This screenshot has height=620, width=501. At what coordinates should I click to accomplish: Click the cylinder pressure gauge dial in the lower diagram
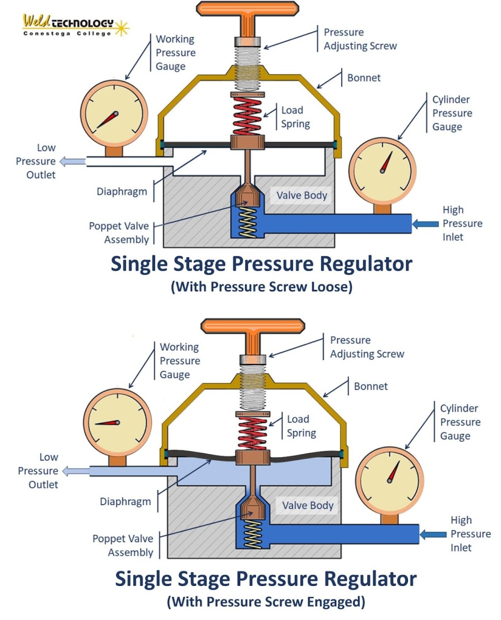(393, 478)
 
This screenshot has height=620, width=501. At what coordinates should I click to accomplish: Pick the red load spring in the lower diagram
(253, 433)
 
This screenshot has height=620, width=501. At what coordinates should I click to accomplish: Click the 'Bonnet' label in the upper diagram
(364, 78)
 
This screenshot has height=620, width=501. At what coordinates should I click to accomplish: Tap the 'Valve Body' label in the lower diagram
(308, 505)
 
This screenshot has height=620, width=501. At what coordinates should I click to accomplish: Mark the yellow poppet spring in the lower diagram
(253, 533)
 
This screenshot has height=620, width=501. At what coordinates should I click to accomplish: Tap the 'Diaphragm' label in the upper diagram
(122, 192)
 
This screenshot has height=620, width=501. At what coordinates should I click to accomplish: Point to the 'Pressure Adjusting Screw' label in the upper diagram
(360, 39)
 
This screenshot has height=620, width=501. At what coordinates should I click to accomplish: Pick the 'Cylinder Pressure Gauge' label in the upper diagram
(452, 113)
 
